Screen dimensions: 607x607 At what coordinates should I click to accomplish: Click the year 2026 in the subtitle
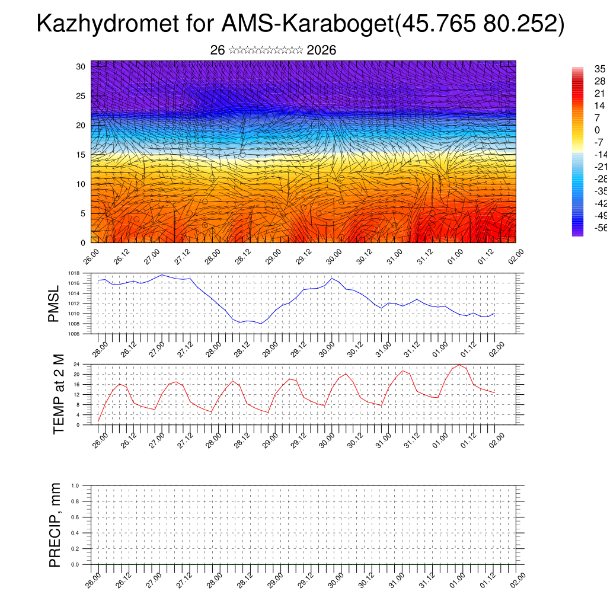pos(321,50)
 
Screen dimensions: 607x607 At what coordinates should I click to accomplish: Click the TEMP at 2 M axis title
pos(58,395)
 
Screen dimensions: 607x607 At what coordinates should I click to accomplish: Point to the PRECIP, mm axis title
pos(55,525)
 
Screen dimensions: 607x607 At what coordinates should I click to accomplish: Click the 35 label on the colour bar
pos(600,69)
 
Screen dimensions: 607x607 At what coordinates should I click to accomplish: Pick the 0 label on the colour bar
pos(597,130)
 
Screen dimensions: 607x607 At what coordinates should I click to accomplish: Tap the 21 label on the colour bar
pos(599,94)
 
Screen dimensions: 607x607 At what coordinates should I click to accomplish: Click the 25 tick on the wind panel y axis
pos(81,96)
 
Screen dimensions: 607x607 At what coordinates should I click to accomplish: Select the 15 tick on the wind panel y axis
pos(81,155)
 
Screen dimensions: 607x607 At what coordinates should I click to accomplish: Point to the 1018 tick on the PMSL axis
pos(74,273)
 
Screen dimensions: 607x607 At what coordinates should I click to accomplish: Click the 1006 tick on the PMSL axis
pos(74,334)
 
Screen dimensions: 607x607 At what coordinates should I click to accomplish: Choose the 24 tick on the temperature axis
pos(77,364)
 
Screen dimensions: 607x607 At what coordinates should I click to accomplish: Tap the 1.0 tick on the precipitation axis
pos(75,485)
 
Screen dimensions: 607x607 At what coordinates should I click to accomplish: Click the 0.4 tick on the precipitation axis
pos(75,533)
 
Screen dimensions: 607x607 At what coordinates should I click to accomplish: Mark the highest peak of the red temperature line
pos(459,365)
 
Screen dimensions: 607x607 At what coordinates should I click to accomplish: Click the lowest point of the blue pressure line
pos(261,324)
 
